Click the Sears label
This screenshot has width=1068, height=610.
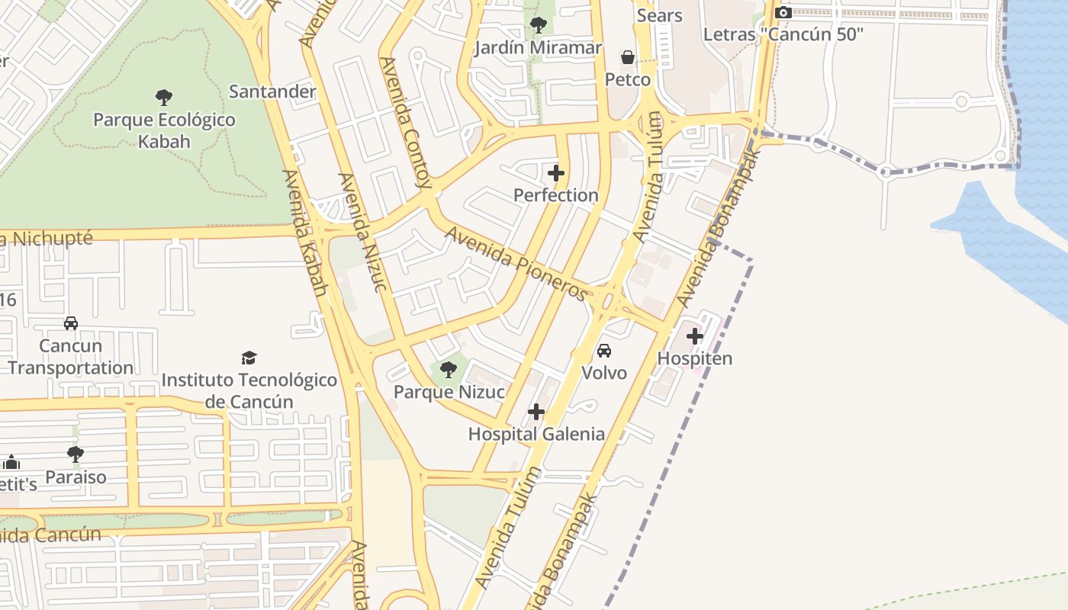click(659, 15)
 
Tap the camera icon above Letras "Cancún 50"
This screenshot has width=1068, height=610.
click(783, 12)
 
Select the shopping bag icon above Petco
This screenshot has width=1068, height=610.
click(627, 57)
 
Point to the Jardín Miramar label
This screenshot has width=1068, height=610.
click(538, 48)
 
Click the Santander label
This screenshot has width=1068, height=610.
click(272, 91)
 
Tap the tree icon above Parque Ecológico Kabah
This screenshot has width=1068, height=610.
click(164, 98)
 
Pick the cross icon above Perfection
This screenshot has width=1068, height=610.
click(556, 173)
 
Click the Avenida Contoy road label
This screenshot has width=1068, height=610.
click(406, 122)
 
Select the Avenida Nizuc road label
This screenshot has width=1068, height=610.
click(363, 232)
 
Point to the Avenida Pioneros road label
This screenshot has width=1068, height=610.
click(517, 263)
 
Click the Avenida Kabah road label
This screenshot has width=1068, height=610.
click(304, 233)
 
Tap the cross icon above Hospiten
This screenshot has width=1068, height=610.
click(695, 335)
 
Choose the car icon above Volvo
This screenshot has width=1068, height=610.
click(604, 351)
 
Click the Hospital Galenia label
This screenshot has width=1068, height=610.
click(536, 434)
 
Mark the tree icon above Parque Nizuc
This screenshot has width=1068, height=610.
click(449, 370)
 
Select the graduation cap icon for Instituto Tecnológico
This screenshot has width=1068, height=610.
click(249, 358)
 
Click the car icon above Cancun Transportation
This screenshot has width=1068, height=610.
click(71, 323)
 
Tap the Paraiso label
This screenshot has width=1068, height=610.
click(76, 477)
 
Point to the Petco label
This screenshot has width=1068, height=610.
click(628, 79)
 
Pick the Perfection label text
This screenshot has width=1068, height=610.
click(556, 195)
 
